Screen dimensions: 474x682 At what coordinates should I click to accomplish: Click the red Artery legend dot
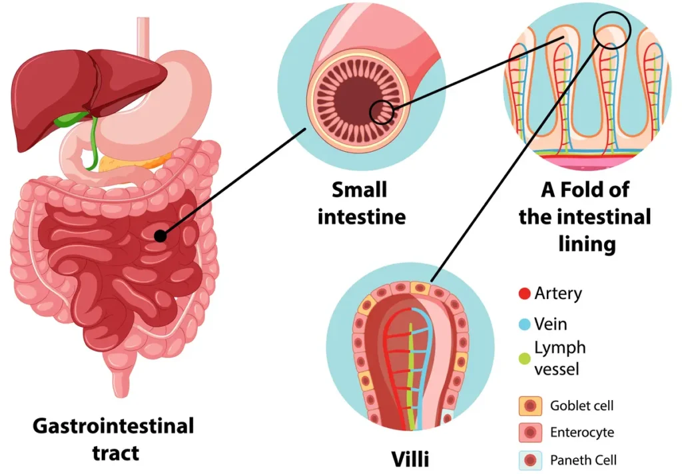click(524, 294)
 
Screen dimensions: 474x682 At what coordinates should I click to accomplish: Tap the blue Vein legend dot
click(524, 325)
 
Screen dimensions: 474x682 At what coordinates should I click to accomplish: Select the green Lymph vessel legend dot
click(524, 358)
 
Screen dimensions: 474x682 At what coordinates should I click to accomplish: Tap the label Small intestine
click(361, 204)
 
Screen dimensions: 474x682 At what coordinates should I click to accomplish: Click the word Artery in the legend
click(558, 294)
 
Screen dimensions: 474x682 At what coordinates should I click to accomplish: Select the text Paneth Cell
click(583, 460)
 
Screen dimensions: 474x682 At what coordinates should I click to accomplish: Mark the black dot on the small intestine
click(159, 235)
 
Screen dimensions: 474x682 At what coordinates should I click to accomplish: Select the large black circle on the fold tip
click(611, 29)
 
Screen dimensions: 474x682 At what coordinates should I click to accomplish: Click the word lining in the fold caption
click(587, 243)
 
